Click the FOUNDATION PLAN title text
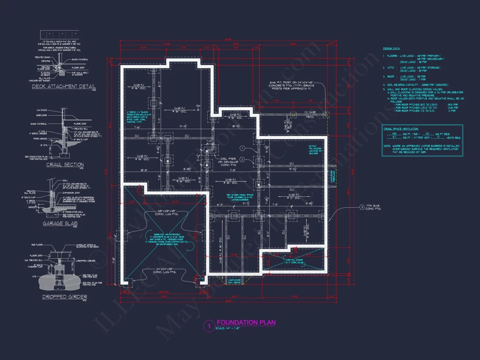pos(246,322)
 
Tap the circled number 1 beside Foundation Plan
pos(209,326)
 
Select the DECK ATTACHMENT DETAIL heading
pos(64,86)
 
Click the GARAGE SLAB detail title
pos(60,223)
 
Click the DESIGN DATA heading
pos(391,48)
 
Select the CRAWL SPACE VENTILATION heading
pos(401,129)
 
